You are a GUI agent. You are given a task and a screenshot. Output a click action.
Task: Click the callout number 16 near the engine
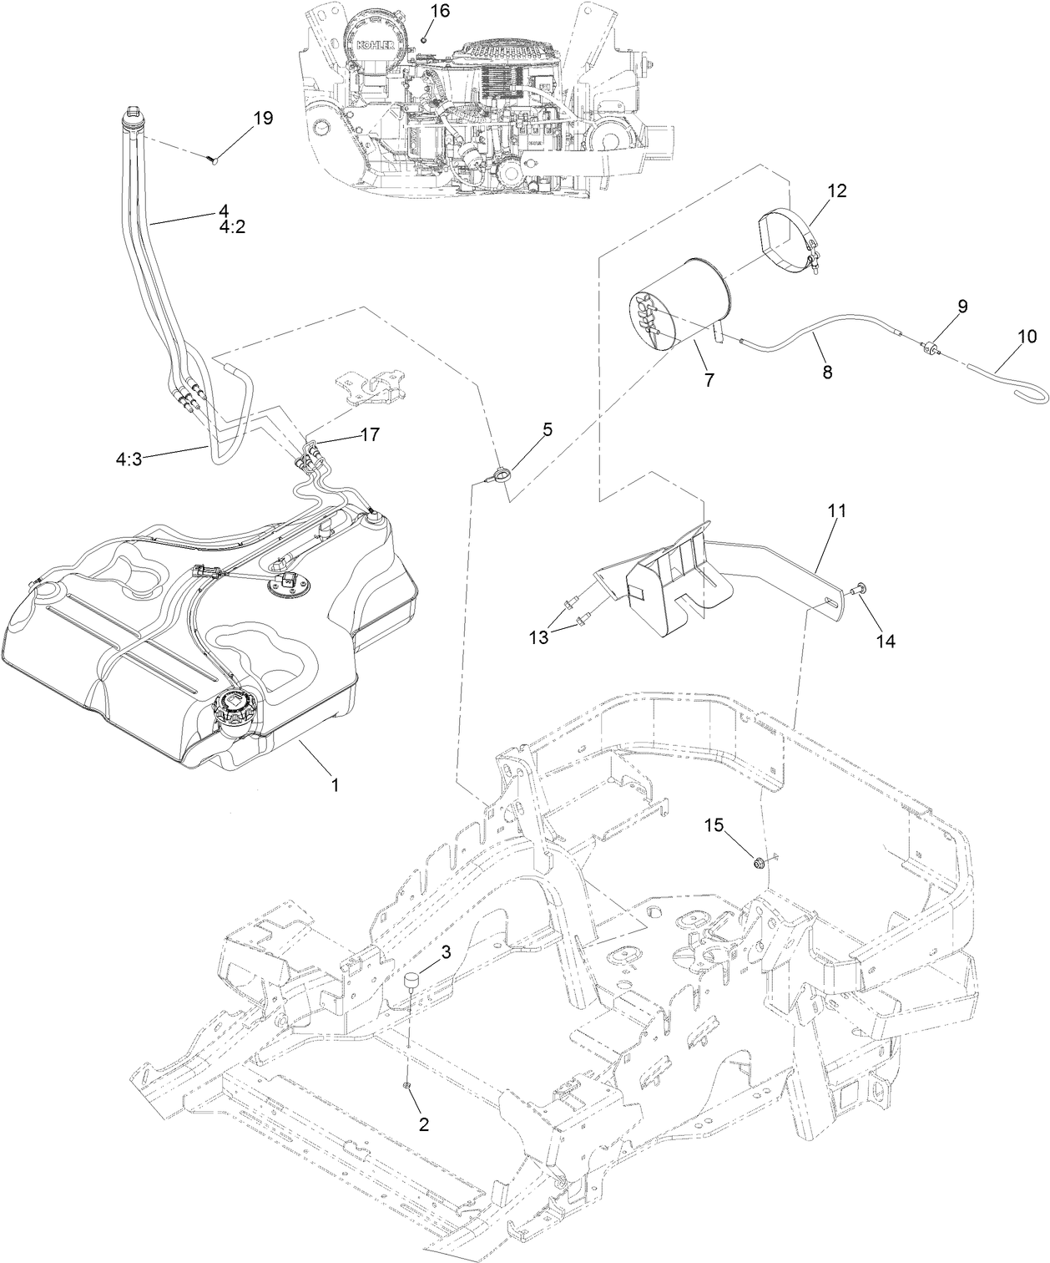(x=440, y=11)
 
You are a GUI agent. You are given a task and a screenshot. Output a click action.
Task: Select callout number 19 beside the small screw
(x=262, y=118)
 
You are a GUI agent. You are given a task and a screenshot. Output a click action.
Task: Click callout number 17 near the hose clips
(x=369, y=434)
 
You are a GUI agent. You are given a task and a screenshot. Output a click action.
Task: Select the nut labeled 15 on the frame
(x=760, y=862)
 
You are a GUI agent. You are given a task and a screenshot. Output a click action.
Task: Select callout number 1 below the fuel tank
(x=335, y=784)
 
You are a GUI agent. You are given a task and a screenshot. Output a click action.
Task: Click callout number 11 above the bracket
(x=837, y=511)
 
